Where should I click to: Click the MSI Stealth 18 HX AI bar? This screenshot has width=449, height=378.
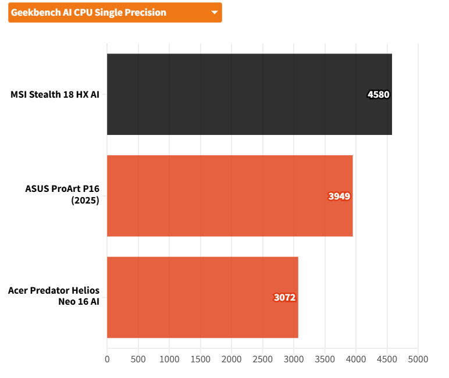(249, 94)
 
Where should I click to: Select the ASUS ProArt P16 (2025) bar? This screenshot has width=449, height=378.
(230, 196)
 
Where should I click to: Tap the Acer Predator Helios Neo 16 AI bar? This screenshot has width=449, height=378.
(202, 297)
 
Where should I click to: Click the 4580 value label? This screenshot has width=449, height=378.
(378, 94)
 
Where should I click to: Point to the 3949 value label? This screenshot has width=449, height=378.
(339, 196)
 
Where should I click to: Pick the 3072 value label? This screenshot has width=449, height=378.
(285, 298)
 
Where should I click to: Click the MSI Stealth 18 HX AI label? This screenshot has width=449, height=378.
(55, 94)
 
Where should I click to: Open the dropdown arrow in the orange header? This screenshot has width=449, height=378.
(214, 12)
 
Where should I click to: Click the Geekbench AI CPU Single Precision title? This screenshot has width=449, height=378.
(88, 12)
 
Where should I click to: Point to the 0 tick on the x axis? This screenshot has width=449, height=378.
(107, 359)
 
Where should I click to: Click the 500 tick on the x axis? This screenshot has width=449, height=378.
(138, 359)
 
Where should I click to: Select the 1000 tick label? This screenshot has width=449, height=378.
(169, 359)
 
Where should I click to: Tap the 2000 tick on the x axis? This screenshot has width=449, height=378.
(231, 359)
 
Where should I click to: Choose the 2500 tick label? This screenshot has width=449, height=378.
(262, 359)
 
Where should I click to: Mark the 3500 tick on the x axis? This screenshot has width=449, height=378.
(325, 359)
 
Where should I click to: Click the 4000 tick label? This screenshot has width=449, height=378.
(356, 359)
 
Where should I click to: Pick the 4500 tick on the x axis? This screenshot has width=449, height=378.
(387, 359)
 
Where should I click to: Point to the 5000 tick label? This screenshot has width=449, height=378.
(418, 359)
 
